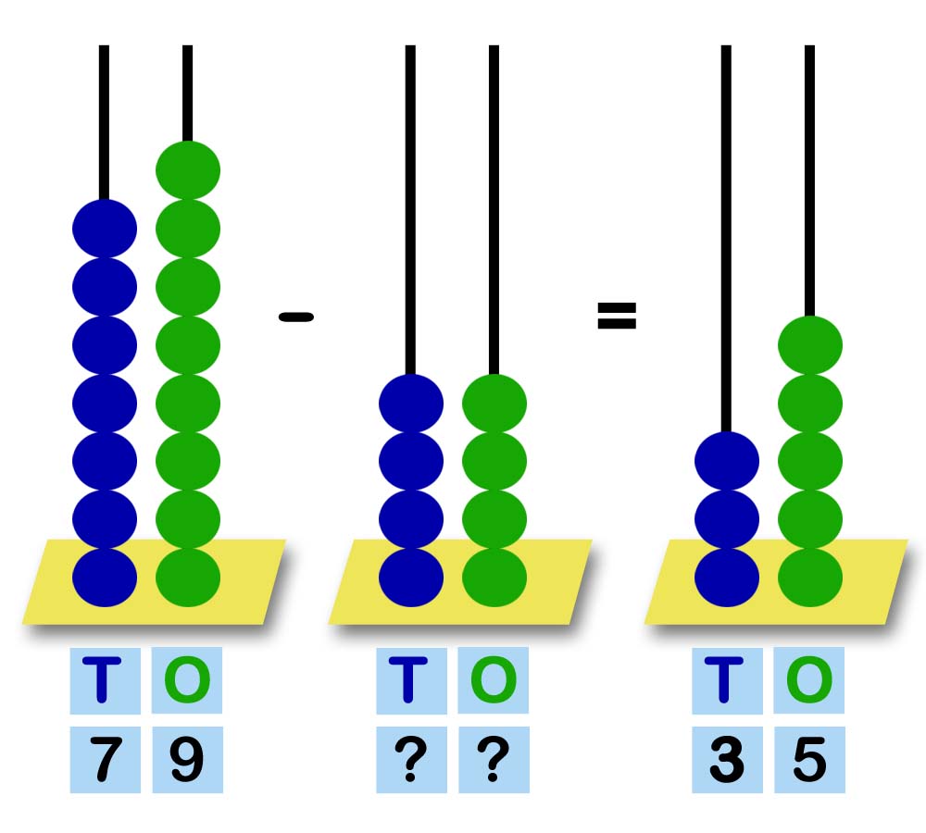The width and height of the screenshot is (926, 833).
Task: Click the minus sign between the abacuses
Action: tap(296, 317)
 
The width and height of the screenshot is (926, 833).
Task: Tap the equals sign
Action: tap(617, 317)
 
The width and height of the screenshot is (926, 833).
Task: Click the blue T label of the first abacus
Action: tap(105, 680)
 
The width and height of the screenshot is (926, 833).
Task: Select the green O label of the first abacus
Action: tap(187, 680)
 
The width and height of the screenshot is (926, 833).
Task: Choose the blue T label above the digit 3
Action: tap(727, 680)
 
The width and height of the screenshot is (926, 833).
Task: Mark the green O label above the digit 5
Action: tap(809, 680)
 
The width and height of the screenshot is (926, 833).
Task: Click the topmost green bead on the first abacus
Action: tap(188, 170)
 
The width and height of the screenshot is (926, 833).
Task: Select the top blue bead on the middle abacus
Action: tap(411, 404)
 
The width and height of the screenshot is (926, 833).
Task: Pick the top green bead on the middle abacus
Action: tap(494, 404)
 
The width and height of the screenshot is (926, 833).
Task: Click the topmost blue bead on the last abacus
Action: tap(727, 461)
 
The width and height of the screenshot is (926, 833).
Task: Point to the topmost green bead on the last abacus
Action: tap(810, 345)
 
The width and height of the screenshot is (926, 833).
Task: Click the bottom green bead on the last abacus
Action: tap(810, 577)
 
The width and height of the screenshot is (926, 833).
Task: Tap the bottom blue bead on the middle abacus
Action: tap(411, 577)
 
